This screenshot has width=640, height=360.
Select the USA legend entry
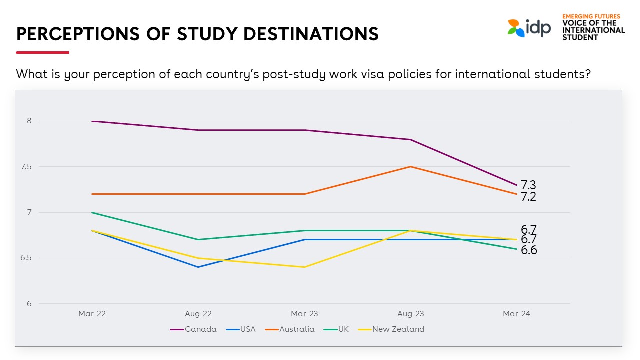(x=241, y=329)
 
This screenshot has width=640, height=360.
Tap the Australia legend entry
(x=290, y=329)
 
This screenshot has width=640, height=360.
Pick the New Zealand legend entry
(x=391, y=329)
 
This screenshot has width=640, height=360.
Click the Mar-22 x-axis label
(x=92, y=314)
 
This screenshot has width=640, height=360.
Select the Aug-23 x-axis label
(x=411, y=314)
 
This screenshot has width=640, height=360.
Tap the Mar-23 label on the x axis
(x=305, y=314)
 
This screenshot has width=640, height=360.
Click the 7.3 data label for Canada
(x=528, y=185)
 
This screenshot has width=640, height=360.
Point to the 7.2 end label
(x=528, y=197)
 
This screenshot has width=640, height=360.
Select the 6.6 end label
(x=529, y=250)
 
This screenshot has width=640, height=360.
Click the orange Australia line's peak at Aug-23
(x=411, y=167)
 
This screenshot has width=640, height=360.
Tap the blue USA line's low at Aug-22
(x=198, y=267)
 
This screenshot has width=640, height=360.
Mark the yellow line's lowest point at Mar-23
(x=305, y=267)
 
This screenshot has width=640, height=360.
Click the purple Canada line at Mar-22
(x=92, y=121)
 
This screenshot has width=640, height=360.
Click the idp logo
(x=529, y=27)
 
